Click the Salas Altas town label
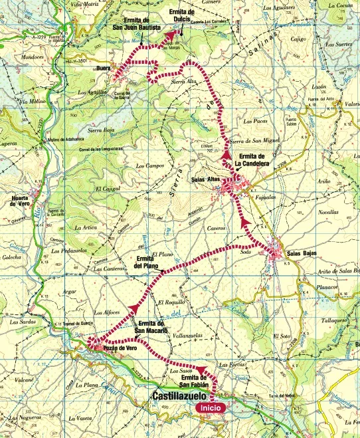(206, 180)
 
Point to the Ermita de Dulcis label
(183, 16)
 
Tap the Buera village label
(102, 68)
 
